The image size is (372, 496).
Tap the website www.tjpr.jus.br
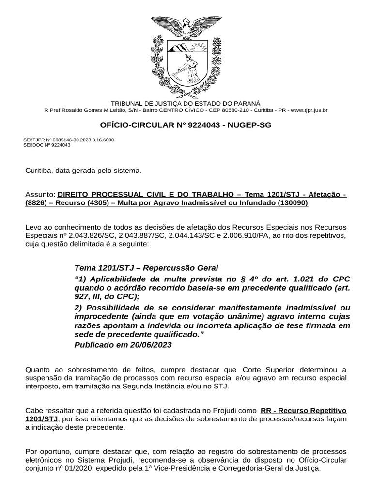tap(310, 110)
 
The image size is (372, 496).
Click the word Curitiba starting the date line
tap(39, 170)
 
